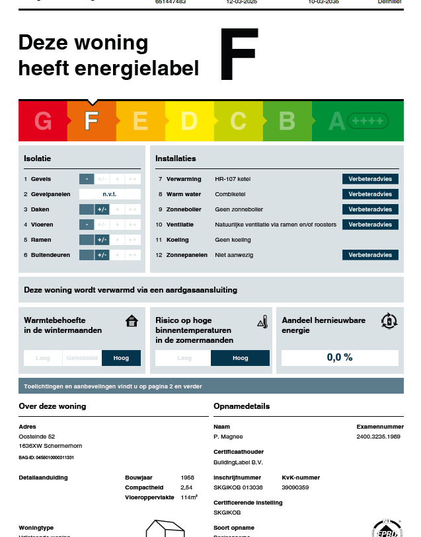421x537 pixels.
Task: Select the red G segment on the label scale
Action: coord(43,122)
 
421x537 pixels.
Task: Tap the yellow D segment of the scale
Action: coord(189,122)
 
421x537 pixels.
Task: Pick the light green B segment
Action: coord(287,122)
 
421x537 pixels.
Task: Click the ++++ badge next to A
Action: coord(368,122)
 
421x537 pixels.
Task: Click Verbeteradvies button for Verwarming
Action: coord(370,179)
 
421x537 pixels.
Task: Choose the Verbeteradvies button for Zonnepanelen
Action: coord(370,255)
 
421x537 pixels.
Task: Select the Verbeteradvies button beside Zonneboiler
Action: coord(370,209)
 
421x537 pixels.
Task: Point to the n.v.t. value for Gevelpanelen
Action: coord(110,194)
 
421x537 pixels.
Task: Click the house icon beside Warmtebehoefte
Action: coord(132,322)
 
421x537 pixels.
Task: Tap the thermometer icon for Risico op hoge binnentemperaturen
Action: coord(262,322)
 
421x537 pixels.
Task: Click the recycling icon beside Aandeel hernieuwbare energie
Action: coord(389,322)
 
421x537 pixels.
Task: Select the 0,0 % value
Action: coord(340,357)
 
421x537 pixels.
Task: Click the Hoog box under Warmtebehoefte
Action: coord(122,358)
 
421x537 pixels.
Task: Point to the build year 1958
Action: coord(188,477)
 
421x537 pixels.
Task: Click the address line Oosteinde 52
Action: coord(37,437)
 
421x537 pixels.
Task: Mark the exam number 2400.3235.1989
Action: coord(378,437)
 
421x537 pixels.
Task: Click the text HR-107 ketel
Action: coord(233,179)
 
